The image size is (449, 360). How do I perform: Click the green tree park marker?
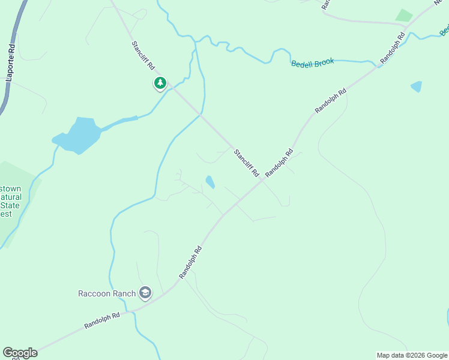point(160,83)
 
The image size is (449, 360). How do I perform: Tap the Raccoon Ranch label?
point(107,293)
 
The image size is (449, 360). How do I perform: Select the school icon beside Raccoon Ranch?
point(145,293)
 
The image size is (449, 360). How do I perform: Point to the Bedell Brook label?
point(312,63)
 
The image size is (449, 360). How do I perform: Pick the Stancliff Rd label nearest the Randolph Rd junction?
point(246,163)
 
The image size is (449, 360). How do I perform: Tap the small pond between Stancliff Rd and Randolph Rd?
point(210,181)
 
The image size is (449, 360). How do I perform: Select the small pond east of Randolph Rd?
point(416,86)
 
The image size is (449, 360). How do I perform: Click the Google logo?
point(20,353)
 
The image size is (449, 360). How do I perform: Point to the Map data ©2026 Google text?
point(412,355)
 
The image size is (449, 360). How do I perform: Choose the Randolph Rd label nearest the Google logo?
point(102,319)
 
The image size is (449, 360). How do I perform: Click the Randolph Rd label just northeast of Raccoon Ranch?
point(190,262)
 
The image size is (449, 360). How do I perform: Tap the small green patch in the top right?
point(404,16)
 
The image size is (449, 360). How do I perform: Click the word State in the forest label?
point(10,205)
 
